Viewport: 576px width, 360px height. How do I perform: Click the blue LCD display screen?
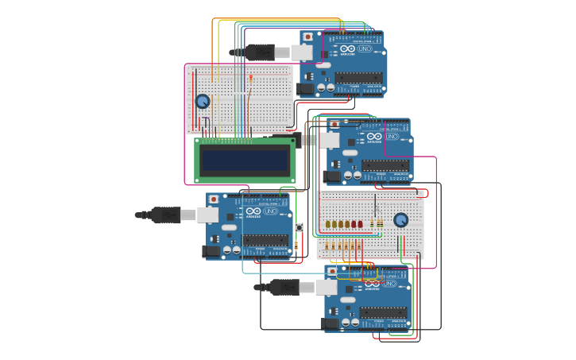[245, 161]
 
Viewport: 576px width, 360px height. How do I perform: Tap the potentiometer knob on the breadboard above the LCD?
[203, 102]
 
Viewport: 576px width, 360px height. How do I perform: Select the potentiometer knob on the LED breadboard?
[401, 219]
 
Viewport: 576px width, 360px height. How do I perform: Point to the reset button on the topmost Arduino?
[307, 37]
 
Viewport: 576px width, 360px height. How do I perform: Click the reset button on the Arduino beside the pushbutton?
[214, 199]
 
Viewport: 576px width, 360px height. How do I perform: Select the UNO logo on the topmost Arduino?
[365, 49]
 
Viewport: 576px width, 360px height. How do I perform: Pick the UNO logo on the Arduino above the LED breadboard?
[390, 137]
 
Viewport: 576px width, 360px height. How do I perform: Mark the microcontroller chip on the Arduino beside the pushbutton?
[265, 239]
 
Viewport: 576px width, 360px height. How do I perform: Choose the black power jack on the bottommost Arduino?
[331, 323]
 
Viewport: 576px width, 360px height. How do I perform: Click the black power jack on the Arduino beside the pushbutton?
[211, 251]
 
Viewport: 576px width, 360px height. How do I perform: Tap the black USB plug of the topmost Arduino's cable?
[259, 52]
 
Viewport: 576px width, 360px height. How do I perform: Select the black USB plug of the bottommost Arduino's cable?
[284, 287]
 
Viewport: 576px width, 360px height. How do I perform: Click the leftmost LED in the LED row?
[327, 224]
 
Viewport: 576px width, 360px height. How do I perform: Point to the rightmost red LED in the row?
[360, 224]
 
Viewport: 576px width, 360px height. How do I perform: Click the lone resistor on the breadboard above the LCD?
[251, 78]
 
